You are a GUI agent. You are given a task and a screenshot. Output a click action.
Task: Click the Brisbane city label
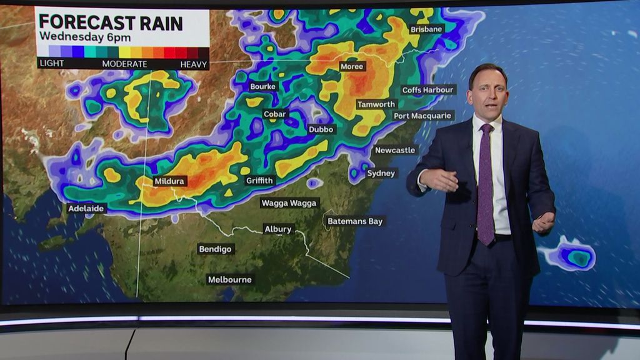pos(426,29)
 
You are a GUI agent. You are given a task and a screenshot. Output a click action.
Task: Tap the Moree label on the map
pos(352,66)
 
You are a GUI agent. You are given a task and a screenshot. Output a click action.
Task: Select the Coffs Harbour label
pos(427,90)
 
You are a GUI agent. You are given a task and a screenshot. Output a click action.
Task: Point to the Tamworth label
pos(376,104)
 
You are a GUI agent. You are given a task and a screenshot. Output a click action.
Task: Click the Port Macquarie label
pos(423,116)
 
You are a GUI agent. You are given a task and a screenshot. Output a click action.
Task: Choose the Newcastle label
pos(395,150)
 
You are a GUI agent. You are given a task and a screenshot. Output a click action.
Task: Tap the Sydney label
pos(381,173)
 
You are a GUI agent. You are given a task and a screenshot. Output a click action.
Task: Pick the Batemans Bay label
pos(356,221)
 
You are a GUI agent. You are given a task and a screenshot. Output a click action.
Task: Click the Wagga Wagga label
pos(289,203)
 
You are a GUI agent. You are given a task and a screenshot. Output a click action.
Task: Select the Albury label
pos(277,229)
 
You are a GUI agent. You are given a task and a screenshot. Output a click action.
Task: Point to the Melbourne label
pos(230,279)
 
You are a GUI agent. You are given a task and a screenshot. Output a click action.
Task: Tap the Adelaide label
pos(87,208)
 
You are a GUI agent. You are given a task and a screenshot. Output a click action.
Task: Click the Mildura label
pos(169,181)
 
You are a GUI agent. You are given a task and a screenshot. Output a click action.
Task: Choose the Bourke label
pos(262,86)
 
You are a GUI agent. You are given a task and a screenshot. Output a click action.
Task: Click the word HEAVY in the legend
pos(194,64)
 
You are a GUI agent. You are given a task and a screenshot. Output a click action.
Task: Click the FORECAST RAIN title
pos(111,23)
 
